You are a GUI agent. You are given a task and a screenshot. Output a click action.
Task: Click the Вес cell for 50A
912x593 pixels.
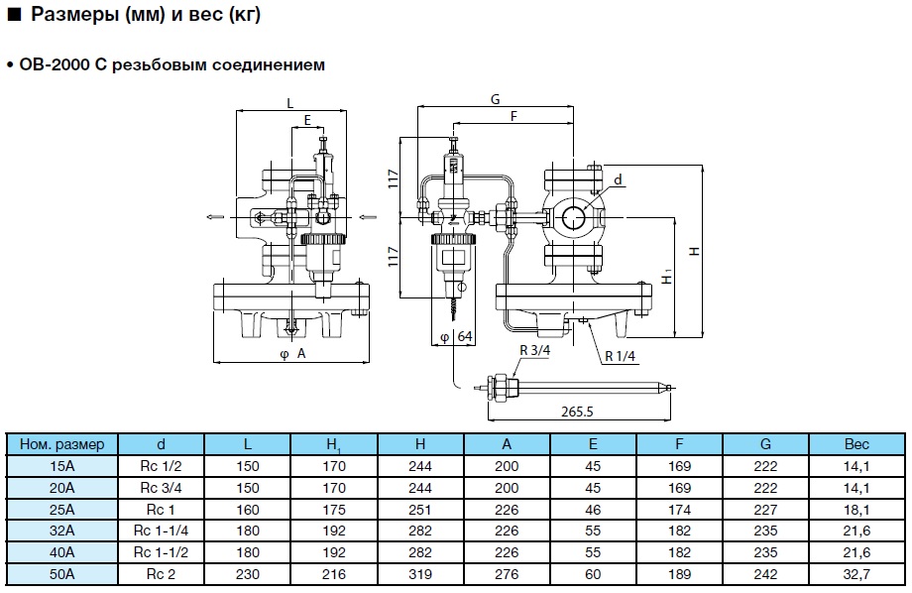855,574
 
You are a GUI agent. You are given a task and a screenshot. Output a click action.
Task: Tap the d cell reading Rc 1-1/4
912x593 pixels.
161,531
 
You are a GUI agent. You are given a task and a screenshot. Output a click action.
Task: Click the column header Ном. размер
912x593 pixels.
61,444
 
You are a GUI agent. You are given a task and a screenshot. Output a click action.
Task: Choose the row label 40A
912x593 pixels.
61,552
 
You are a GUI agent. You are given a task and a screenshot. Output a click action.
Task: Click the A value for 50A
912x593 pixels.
507,574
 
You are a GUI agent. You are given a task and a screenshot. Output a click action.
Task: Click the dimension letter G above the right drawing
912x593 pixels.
494,99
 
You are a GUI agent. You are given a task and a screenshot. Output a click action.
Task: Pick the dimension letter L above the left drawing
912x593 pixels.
289,102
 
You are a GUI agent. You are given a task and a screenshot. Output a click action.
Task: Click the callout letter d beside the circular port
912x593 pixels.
618,180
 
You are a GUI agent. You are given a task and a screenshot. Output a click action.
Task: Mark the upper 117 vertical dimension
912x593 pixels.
393,179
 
